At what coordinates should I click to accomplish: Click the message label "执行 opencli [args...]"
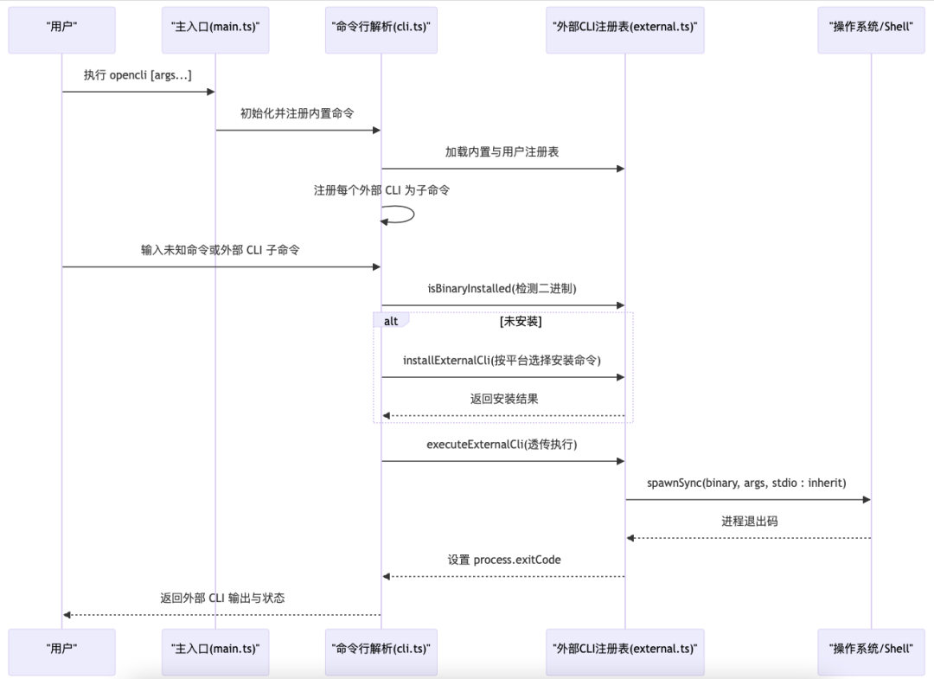point(138,75)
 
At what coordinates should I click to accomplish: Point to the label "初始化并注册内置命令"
point(297,113)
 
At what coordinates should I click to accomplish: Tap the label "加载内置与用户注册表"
point(502,151)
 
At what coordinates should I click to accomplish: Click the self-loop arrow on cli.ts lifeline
point(406,214)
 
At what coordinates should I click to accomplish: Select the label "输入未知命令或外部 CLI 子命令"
point(221,250)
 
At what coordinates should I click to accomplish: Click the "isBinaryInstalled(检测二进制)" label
point(502,289)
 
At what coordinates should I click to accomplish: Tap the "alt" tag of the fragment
point(392,321)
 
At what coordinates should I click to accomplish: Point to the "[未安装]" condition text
point(521,321)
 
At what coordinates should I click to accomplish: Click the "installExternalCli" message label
point(502,360)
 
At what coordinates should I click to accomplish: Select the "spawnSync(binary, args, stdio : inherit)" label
point(746,483)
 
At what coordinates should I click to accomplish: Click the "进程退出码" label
point(749,522)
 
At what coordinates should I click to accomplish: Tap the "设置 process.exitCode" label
point(503,560)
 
